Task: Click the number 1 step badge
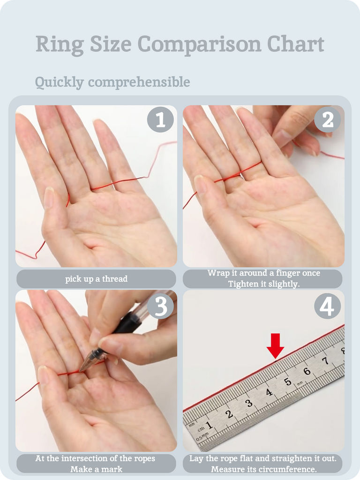(160, 120)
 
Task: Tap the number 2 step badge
(328, 120)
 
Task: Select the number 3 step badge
(160, 306)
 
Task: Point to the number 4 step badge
(328, 306)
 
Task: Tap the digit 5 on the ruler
(287, 382)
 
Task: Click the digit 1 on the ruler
(209, 425)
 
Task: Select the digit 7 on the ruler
(326, 361)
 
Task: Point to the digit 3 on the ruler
(249, 403)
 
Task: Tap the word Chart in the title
(296, 44)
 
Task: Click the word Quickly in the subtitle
(60, 82)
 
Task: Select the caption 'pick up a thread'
(97, 279)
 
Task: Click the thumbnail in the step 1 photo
(49, 198)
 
